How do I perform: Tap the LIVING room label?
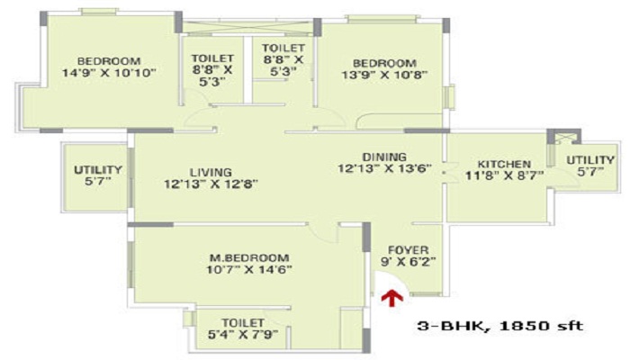[211, 172]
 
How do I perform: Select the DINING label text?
[384, 156]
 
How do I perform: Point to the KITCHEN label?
[503, 164]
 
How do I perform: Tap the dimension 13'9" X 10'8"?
[384, 76]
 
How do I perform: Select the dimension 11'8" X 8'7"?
[503, 176]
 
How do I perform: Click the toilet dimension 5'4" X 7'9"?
[242, 336]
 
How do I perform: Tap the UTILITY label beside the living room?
[94, 168]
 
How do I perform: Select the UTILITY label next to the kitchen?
[588, 159]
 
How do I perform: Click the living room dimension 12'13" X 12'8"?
[211, 184]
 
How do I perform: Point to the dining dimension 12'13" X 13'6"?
[384, 168]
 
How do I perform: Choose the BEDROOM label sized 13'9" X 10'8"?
[384, 63]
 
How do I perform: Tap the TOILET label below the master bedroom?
[242, 322]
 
